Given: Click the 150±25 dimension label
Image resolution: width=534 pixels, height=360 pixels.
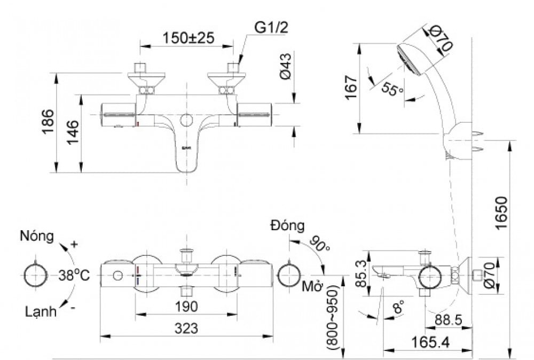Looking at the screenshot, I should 188,37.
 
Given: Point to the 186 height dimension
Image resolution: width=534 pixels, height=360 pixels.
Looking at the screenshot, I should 48,122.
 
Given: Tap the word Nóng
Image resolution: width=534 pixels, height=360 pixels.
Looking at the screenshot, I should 37,236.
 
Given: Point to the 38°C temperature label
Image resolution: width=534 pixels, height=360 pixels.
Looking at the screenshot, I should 74,276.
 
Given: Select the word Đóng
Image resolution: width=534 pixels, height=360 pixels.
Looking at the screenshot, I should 287,225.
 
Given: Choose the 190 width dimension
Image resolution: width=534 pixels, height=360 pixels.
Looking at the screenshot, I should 185,307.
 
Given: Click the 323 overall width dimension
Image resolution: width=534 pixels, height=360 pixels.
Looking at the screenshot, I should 185,328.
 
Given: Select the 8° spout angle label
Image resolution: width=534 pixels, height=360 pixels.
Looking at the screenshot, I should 398,308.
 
